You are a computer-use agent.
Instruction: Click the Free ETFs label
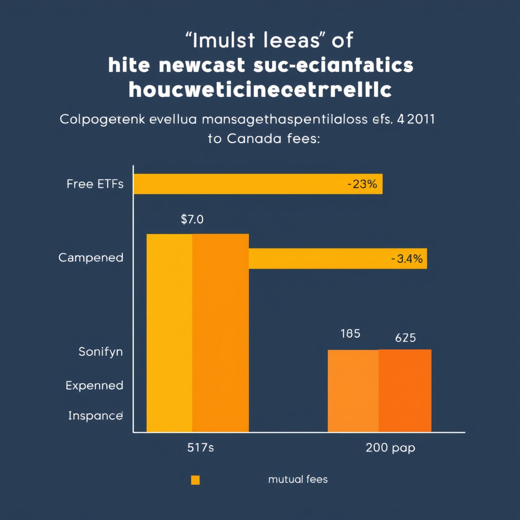(x=94, y=184)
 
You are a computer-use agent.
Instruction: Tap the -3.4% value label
(x=407, y=259)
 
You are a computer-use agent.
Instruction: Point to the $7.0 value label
(x=192, y=220)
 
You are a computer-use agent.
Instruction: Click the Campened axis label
(x=91, y=257)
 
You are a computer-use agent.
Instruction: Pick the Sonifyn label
(x=101, y=351)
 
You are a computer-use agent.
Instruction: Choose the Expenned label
(x=94, y=385)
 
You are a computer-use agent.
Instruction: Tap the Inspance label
(x=95, y=416)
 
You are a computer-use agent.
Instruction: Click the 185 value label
(x=350, y=334)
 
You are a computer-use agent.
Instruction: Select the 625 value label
(x=405, y=338)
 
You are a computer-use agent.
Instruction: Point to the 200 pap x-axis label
(x=390, y=448)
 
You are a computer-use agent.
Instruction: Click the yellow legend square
(x=195, y=480)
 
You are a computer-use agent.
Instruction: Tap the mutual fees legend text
(x=298, y=479)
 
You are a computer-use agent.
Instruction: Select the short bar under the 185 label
(x=353, y=391)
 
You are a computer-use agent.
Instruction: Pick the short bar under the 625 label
(x=405, y=391)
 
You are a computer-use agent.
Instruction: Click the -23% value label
(x=362, y=184)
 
